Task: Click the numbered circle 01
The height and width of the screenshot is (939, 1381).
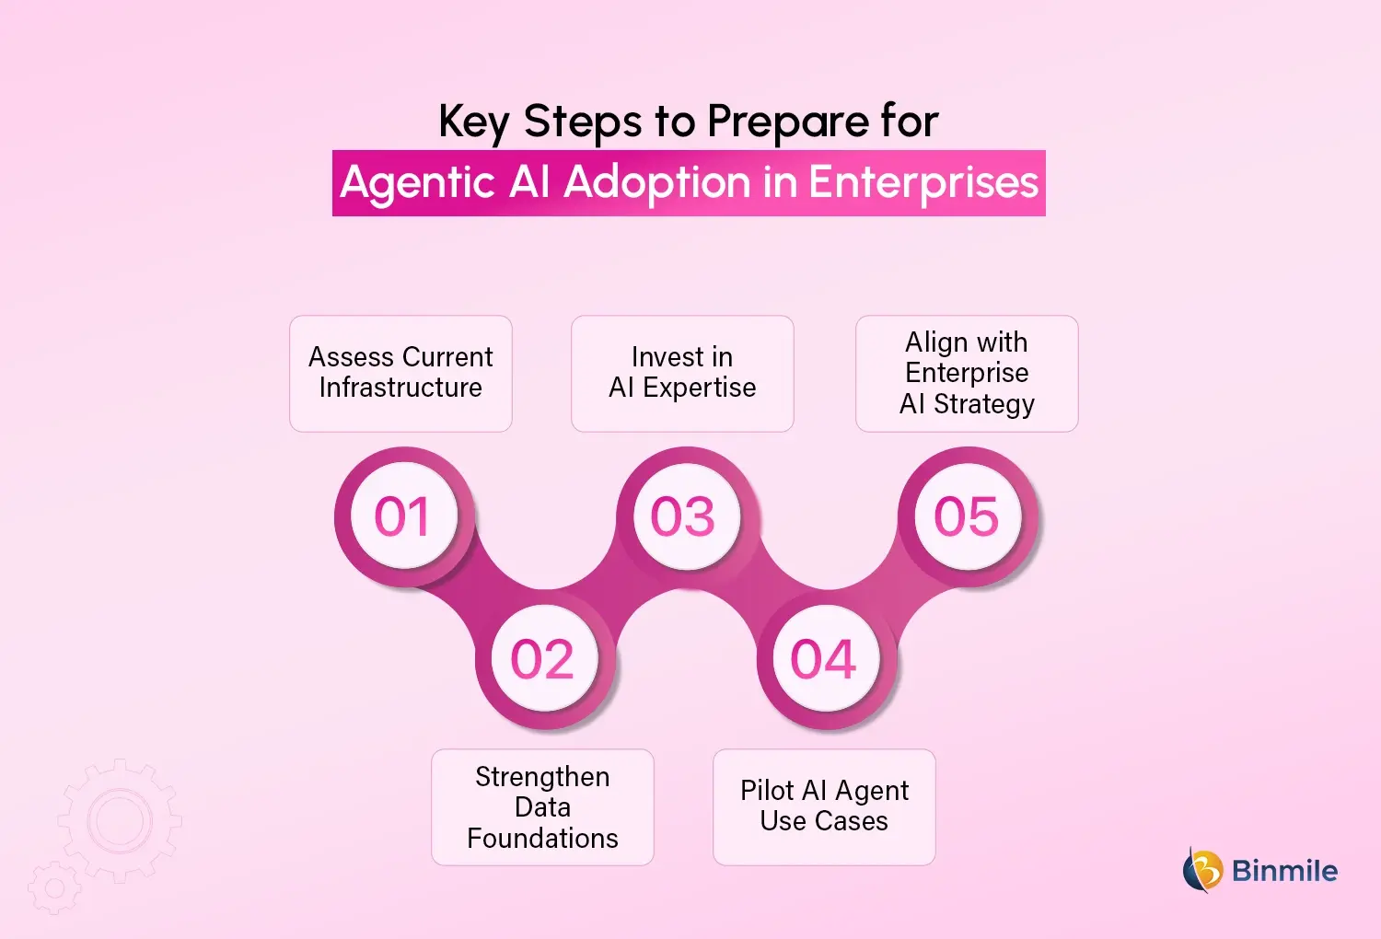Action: tap(402, 516)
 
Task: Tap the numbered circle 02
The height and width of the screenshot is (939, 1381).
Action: tap(543, 659)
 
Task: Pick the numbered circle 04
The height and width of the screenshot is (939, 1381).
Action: tap(824, 659)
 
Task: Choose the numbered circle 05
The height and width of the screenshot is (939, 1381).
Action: tap(967, 516)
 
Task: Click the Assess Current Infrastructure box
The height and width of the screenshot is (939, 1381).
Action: tap(400, 373)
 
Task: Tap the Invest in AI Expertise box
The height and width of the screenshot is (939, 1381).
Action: tap(682, 373)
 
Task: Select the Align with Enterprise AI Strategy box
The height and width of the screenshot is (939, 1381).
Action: tap(967, 373)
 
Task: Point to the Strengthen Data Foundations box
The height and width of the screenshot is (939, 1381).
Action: tap(542, 807)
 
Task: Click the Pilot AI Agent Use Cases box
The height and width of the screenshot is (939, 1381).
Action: tap(824, 806)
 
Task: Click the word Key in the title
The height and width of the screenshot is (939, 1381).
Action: tap(473, 122)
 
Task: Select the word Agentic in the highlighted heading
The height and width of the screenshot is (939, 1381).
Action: tap(418, 183)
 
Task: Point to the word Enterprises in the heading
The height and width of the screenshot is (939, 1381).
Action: tap(923, 183)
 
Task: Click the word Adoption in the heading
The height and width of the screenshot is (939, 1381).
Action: tap(657, 183)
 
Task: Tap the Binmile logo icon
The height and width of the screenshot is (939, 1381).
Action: tap(1202, 870)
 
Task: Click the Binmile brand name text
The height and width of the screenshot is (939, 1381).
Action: tap(1284, 871)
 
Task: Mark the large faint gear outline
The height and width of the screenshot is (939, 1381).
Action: tap(120, 819)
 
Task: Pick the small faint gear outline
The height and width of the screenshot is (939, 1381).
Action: tap(54, 888)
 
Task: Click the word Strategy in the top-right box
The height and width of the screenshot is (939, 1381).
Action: tap(984, 404)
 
